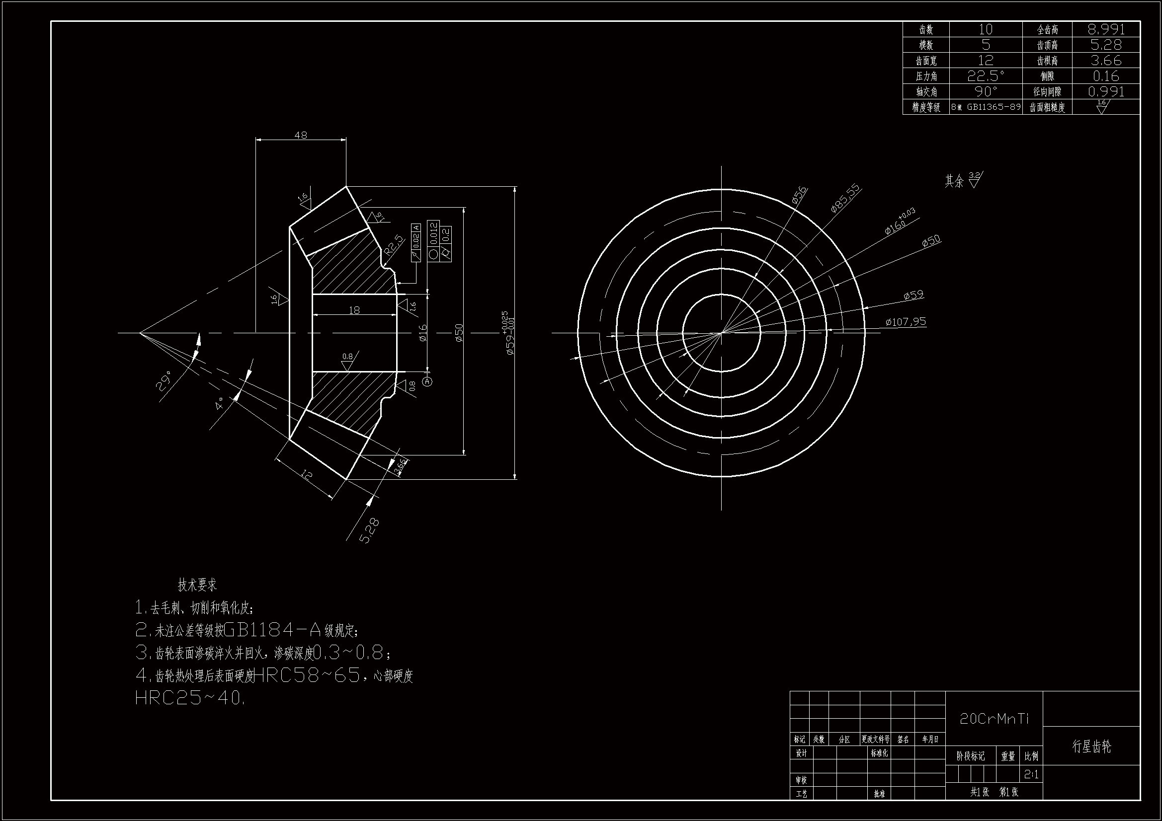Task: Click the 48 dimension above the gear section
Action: [x=301, y=135]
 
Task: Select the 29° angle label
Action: [x=165, y=380]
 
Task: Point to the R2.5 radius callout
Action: [x=395, y=244]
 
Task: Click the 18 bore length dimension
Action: [x=354, y=310]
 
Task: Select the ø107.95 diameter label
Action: [x=906, y=321]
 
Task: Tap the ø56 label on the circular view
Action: [x=799, y=195]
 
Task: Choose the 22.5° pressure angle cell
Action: [x=986, y=76]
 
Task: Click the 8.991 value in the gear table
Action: [x=1106, y=29]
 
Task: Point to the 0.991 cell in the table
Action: [x=1106, y=91]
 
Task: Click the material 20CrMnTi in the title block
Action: [x=994, y=719]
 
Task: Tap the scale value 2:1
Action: [x=1031, y=774]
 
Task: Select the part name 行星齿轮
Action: [x=1091, y=746]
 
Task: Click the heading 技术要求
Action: [x=197, y=585]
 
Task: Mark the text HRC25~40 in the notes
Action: [x=190, y=698]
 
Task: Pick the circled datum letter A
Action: [x=427, y=381]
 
